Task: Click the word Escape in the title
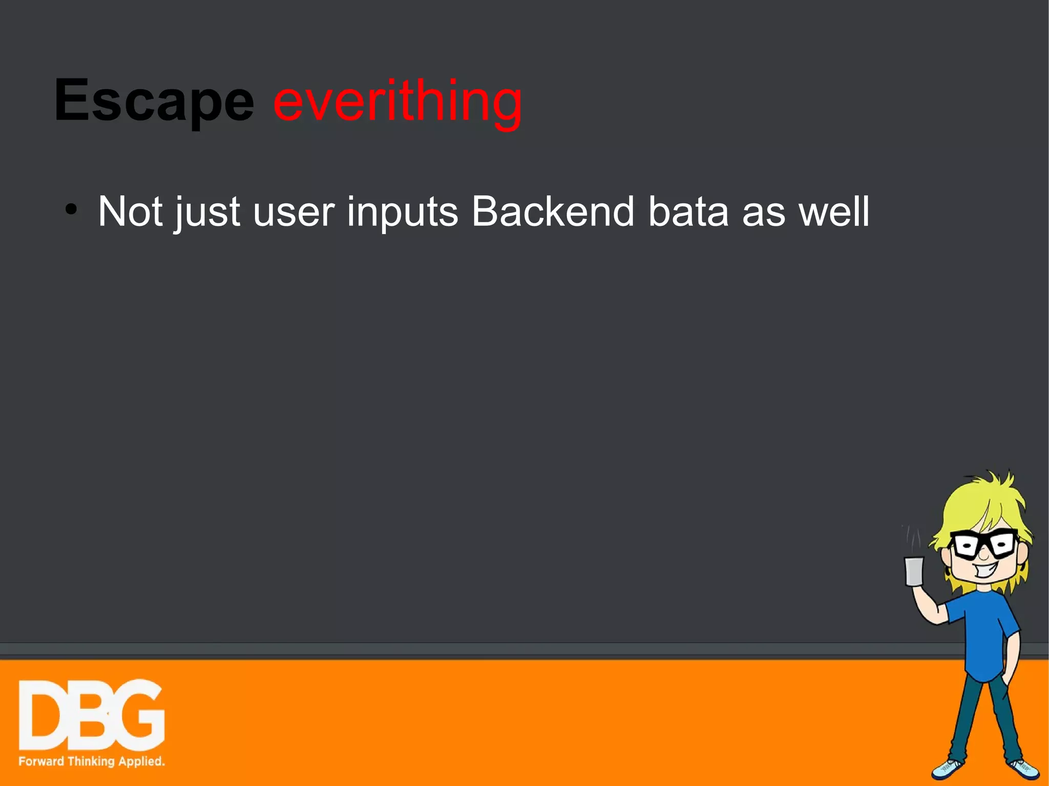click(x=154, y=101)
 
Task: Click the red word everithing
click(x=397, y=101)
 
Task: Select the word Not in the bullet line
click(x=130, y=211)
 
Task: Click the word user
click(x=293, y=212)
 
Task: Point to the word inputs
click(x=402, y=212)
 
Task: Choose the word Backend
click(x=553, y=211)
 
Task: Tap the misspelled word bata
click(x=688, y=211)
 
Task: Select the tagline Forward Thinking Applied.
click(x=91, y=761)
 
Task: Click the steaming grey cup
click(x=914, y=571)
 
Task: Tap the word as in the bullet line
click(x=763, y=212)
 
